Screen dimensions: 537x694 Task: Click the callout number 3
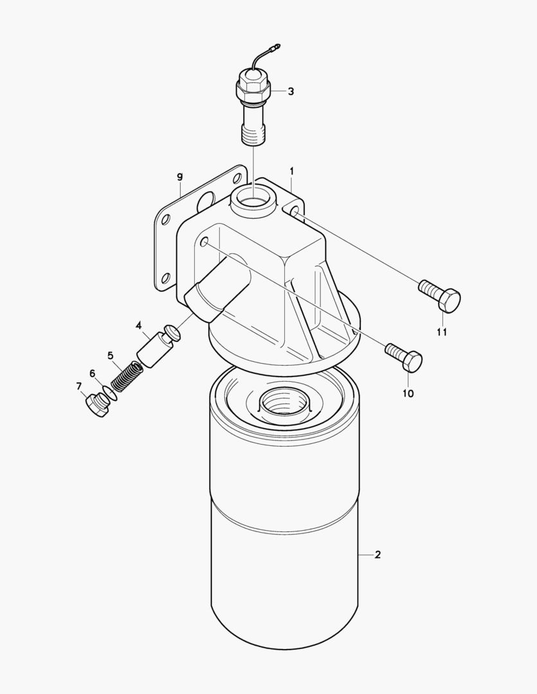[x=291, y=92]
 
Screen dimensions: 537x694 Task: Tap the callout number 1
[x=291, y=171]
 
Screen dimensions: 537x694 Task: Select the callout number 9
[x=179, y=177]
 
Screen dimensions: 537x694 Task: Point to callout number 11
[x=442, y=332]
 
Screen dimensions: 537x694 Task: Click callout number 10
[x=408, y=393]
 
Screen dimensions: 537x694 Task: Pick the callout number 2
[x=377, y=555]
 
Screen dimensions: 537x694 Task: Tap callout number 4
[x=139, y=326]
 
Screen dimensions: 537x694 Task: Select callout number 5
[x=111, y=355]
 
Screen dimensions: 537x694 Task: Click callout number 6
[x=92, y=373]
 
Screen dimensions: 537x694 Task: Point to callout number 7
[x=79, y=386]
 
